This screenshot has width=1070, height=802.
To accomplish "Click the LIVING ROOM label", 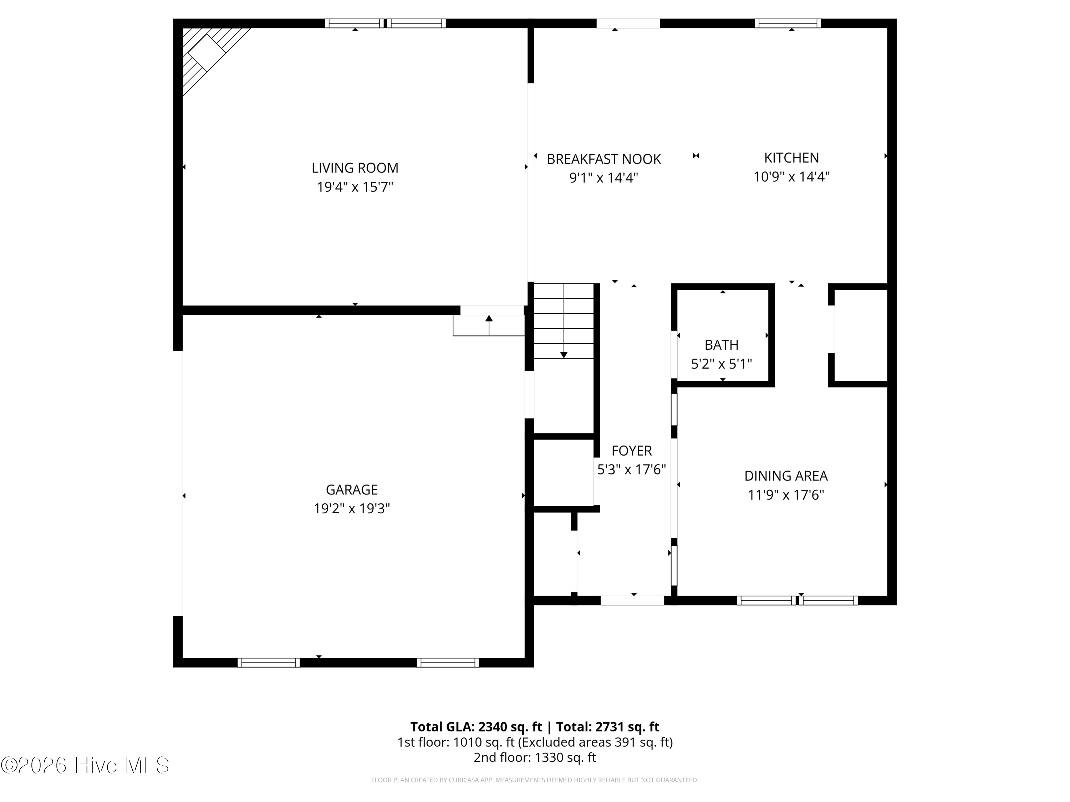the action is point(355,168).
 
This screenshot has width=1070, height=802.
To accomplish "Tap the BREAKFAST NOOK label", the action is point(604,159).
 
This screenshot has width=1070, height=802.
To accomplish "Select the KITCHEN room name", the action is point(791,158).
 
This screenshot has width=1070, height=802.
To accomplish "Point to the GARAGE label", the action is point(352,490).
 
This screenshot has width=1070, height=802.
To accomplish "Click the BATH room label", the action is point(721,345).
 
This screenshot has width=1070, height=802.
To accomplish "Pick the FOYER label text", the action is point(631,451).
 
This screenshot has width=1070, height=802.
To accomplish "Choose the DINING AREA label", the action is point(786,476).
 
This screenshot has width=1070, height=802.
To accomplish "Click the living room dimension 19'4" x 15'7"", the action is point(355,187).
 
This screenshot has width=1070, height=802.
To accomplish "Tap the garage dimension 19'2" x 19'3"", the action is point(352,509).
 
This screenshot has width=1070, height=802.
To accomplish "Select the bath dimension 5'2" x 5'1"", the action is point(721,364).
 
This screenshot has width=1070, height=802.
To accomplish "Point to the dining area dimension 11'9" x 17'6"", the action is point(786,494).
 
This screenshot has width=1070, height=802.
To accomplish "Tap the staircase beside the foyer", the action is point(564,321).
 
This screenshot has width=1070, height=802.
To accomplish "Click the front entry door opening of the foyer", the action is point(632,600).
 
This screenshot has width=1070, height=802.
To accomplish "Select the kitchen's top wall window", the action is point(788,23).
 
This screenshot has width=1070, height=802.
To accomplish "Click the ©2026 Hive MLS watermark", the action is point(85,765).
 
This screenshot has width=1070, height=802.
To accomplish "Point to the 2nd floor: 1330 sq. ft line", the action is point(535,757).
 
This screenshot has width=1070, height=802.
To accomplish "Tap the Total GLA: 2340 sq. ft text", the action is point(476,726).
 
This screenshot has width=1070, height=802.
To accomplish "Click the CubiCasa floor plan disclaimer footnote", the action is point(535,780).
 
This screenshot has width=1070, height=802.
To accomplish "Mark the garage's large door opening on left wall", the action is point(178,483).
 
